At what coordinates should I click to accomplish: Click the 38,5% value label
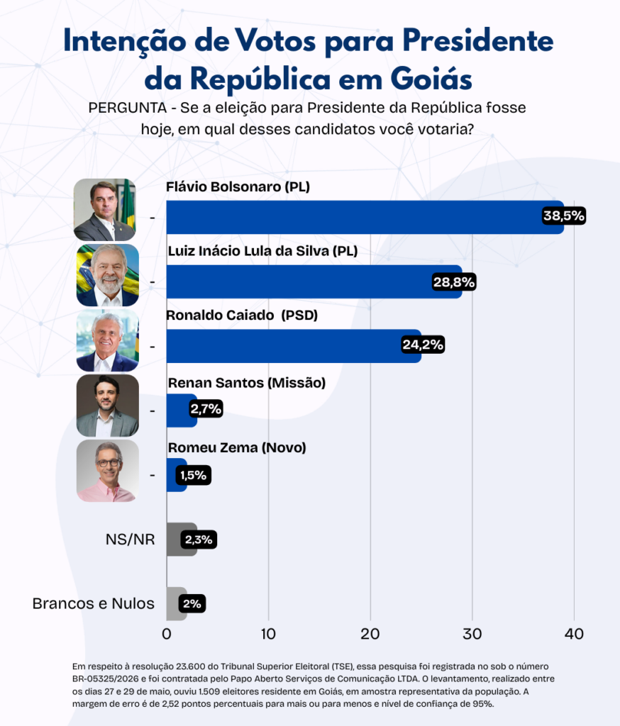(x=564, y=216)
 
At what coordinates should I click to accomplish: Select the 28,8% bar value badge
(x=454, y=282)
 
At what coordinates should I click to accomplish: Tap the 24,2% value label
(x=423, y=345)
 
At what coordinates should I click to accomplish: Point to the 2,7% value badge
(x=206, y=409)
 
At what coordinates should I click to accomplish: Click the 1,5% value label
(x=193, y=475)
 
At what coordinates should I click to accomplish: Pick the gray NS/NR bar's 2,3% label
(x=199, y=540)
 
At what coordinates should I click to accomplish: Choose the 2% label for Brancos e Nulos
(x=192, y=604)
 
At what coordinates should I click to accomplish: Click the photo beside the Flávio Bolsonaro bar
(x=105, y=210)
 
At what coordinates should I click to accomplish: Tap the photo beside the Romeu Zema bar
(x=108, y=471)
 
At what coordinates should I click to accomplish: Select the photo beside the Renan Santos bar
(x=108, y=406)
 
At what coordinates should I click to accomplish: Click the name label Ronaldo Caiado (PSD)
(x=242, y=315)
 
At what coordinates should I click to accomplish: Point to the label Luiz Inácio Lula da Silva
(x=249, y=251)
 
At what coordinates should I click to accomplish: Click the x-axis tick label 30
(x=472, y=634)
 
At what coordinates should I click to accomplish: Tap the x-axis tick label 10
(x=268, y=634)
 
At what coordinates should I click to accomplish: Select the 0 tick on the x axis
(x=167, y=634)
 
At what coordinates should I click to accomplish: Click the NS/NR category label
(x=131, y=540)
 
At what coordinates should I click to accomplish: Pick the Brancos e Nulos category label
(x=94, y=604)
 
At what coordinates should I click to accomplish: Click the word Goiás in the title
(x=431, y=79)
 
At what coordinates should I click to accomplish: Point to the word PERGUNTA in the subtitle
(x=128, y=108)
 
